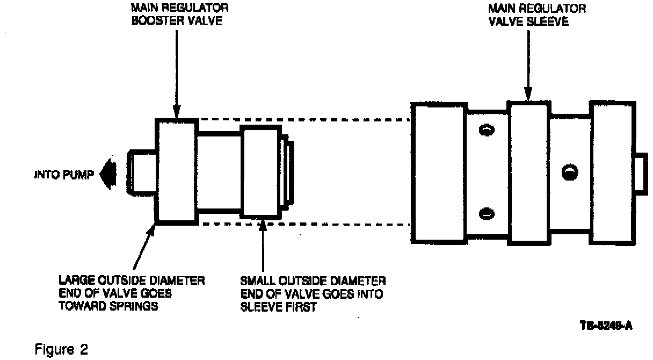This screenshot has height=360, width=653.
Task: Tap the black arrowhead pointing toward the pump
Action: pos(107,175)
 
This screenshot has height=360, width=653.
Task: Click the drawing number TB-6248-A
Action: pos(606,326)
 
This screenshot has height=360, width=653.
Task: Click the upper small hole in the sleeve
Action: pos(486,129)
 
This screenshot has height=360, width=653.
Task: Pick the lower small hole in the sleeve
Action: pos(486,213)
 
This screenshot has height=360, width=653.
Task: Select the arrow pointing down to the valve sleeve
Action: pos(529,64)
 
